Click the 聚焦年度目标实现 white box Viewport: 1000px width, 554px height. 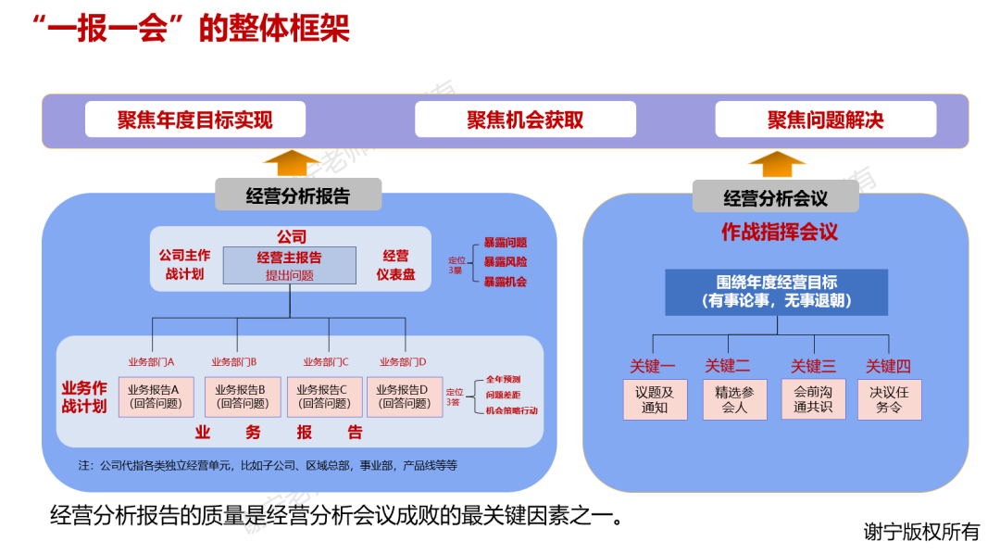(194, 120)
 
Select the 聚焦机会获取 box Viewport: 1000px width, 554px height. (525, 120)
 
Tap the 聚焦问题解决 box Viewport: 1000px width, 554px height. (825, 120)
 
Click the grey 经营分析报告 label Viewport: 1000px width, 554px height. (298, 195)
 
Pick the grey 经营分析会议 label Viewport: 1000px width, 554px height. (775, 197)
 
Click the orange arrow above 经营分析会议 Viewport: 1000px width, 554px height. (777, 164)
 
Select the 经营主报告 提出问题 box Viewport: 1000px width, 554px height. (289, 265)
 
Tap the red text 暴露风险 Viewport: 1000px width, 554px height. (505, 262)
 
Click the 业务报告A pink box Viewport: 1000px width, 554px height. (156, 397)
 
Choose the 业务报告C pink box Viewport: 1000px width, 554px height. (324, 397)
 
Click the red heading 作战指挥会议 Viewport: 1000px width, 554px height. (779, 233)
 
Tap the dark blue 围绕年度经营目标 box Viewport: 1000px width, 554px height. (776, 292)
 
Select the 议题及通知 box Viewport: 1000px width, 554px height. (655, 399)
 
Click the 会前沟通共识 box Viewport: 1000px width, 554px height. (813, 399)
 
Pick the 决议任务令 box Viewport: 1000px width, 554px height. (889, 399)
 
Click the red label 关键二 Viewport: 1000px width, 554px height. (728, 366)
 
